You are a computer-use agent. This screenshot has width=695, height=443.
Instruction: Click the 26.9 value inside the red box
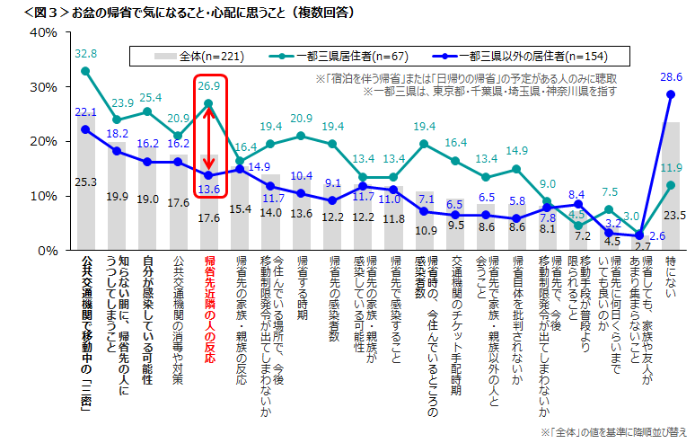tap(208, 86)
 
